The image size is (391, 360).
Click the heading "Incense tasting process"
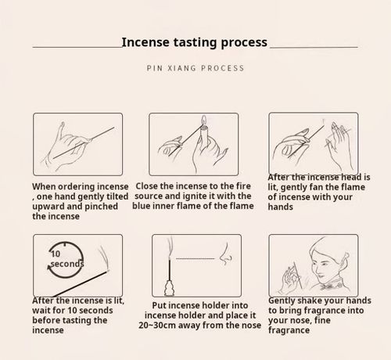click(x=195, y=42)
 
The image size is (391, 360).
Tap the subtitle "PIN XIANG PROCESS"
click(x=195, y=68)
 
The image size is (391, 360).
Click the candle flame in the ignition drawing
click(x=204, y=120)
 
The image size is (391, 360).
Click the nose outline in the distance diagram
click(x=225, y=254)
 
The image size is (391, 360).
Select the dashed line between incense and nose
click(x=195, y=258)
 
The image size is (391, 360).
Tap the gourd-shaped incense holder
click(x=170, y=288)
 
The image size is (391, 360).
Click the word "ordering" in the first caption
click(x=75, y=187)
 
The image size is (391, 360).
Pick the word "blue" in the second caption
click(x=141, y=206)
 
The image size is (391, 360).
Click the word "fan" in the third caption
click(x=317, y=187)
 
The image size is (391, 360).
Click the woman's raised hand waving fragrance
click(x=291, y=279)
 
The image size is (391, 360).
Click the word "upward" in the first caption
click(x=48, y=207)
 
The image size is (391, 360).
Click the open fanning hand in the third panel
click(x=339, y=146)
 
